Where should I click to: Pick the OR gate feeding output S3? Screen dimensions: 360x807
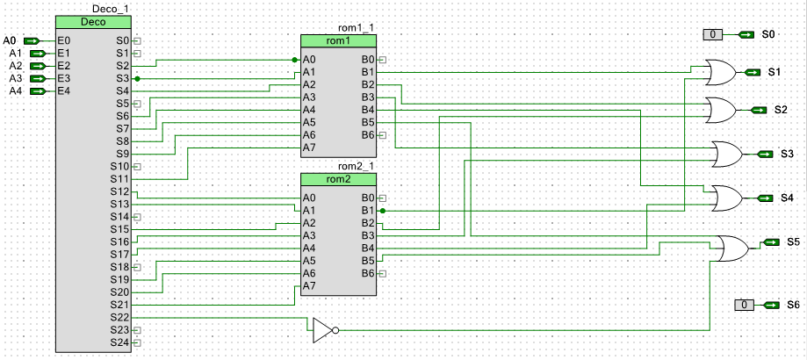click(x=725, y=155)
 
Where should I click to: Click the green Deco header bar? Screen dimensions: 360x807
click(x=93, y=22)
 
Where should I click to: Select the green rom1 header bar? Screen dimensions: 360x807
click(x=338, y=41)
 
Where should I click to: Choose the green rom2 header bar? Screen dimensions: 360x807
click(x=338, y=179)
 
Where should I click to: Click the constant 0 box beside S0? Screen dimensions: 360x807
click(x=713, y=34)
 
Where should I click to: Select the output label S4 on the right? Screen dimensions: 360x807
click(x=787, y=198)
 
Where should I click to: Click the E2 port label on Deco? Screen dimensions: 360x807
click(x=63, y=66)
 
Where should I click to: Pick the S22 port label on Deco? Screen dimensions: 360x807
click(x=119, y=317)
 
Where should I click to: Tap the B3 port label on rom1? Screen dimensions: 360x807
click(x=368, y=97)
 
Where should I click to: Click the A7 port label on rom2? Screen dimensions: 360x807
click(x=309, y=286)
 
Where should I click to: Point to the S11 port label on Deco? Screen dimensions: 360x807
click(x=119, y=179)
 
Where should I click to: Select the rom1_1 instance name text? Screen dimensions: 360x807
click(x=356, y=28)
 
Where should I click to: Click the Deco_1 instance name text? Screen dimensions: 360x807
click(x=110, y=9)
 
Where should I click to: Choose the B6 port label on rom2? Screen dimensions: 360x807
click(x=368, y=274)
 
